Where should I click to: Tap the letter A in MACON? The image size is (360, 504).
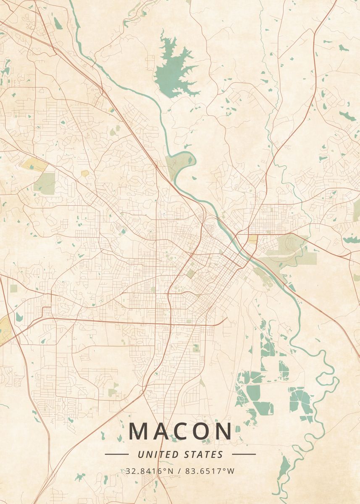[162, 431]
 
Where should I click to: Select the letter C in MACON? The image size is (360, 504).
[182, 431]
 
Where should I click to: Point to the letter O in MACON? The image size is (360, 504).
[203, 431]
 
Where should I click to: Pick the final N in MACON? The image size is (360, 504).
[224, 431]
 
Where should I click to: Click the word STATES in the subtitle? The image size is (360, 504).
[204, 454]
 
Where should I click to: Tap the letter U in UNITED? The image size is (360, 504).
[140, 454]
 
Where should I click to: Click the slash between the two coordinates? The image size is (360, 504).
[180, 471]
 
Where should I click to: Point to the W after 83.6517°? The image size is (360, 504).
[231, 471]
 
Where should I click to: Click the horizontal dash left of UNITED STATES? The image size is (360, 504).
[116, 454]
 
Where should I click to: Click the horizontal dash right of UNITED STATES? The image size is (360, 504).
[244, 454]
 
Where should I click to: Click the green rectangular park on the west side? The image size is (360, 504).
[45, 184]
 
